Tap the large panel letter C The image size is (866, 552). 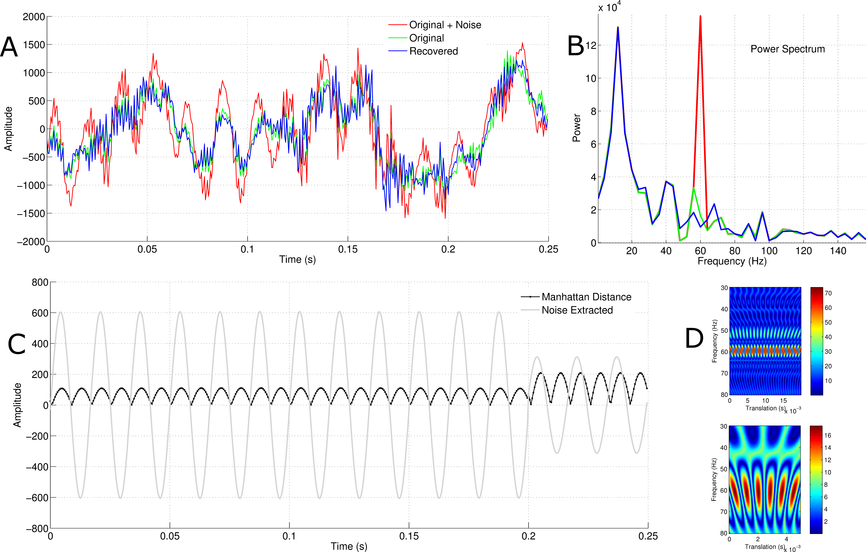tap(17, 344)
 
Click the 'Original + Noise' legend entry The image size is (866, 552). tap(445, 25)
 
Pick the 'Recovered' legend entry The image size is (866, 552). tap(433, 51)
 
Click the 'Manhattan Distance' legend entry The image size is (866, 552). tap(586, 297)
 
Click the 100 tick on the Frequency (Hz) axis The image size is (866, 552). tap(769, 251)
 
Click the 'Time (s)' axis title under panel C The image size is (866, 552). tap(349, 546)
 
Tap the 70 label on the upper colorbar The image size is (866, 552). tap(828, 293)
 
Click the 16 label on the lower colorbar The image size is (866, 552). tap(828, 435)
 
